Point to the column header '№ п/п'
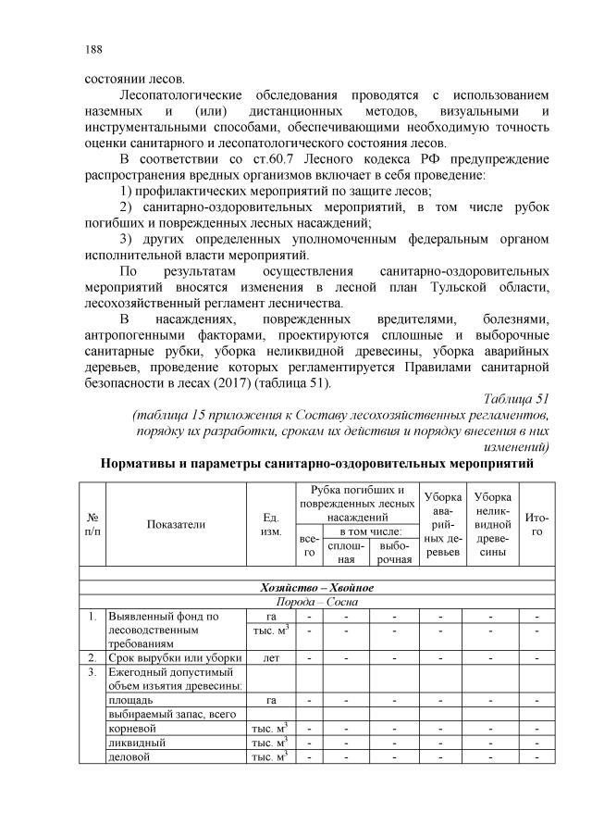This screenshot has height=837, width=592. pyautogui.click(x=93, y=523)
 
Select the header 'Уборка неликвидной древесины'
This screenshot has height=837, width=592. pyautogui.click(x=491, y=523)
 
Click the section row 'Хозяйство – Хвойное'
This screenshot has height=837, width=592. pyautogui.click(x=316, y=588)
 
